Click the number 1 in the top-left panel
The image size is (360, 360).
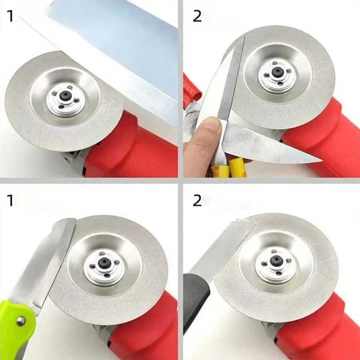10,16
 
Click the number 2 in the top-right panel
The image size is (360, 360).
197,16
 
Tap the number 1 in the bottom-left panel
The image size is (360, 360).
10,200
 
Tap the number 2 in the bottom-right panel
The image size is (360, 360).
197,200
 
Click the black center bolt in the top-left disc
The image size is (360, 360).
65,95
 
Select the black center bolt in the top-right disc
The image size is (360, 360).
278,72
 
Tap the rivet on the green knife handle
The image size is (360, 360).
21,321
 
